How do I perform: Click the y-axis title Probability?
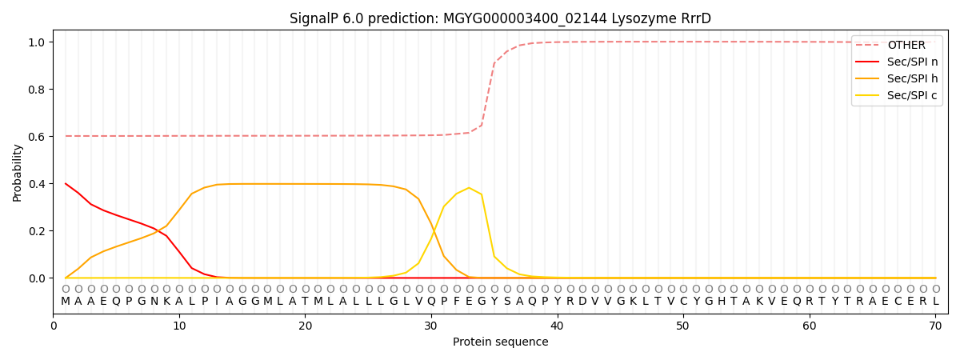pyautogui.click(x=18, y=173)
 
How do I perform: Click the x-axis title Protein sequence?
pyautogui.click(x=500, y=342)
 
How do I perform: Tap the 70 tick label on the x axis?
pyautogui.click(x=935, y=326)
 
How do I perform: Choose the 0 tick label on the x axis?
pyautogui.click(x=54, y=326)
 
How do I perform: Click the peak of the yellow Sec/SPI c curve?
pyautogui.click(x=469, y=188)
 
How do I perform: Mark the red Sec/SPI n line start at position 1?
pyautogui.click(x=66, y=184)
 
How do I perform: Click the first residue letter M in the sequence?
pyautogui.click(x=66, y=302)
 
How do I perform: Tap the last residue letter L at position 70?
pyautogui.click(x=935, y=302)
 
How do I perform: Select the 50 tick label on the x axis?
pyautogui.click(x=683, y=326)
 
